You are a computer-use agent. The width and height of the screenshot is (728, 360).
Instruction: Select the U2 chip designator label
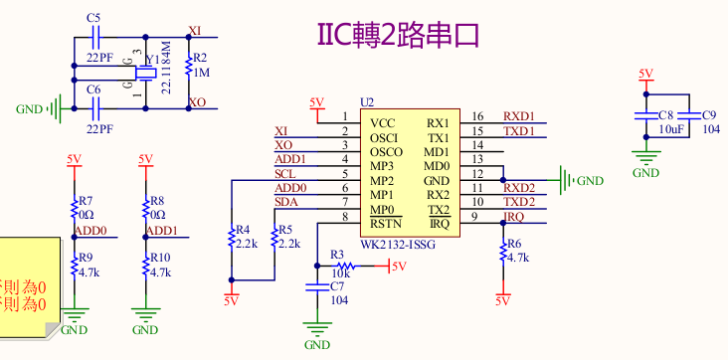[367, 103]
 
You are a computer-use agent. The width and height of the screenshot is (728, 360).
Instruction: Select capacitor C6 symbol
[94, 107]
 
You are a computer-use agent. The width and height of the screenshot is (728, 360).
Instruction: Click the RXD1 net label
[518, 115]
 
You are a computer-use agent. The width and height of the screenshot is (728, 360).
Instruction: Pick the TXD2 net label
[518, 203]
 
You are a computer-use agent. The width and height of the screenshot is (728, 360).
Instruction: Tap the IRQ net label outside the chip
[513, 217]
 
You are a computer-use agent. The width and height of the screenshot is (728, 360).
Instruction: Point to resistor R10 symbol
[145, 265]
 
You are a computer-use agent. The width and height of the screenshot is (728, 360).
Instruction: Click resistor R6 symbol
[502, 251]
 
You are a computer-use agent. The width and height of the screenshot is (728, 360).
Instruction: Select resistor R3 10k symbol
[345, 267]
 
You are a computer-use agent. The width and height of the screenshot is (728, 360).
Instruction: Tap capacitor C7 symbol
[317, 286]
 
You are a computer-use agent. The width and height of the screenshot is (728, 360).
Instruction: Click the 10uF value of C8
[669, 129]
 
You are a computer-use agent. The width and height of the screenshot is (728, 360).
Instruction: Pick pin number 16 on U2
[477, 116]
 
